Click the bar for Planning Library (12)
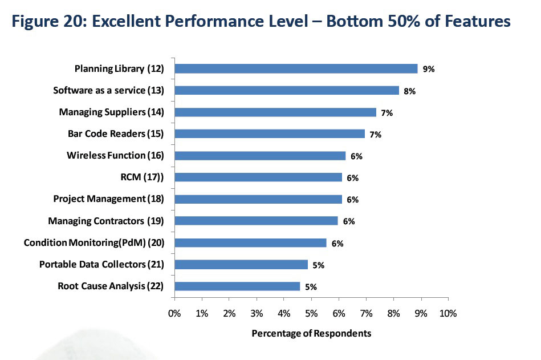pos(296,68)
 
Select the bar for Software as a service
pos(287,90)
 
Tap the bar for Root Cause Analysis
pos(237,286)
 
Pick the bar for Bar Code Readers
pos(270,134)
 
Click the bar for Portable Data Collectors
pos(241,265)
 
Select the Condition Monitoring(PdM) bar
pos(250,243)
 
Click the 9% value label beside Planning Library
pos(429,69)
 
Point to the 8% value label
pos(409,91)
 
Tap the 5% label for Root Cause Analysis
pos(311,287)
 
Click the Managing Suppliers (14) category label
pos(111,112)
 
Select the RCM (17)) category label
pos(143,177)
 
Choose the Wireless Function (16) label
pos(115,155)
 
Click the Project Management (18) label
pos(108,199)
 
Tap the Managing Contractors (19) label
pos(106,221)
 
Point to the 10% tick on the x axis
pos(448,314)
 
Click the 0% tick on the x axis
pos(174,314)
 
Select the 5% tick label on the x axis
pos(311,314)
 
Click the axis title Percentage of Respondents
pos(311,333)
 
